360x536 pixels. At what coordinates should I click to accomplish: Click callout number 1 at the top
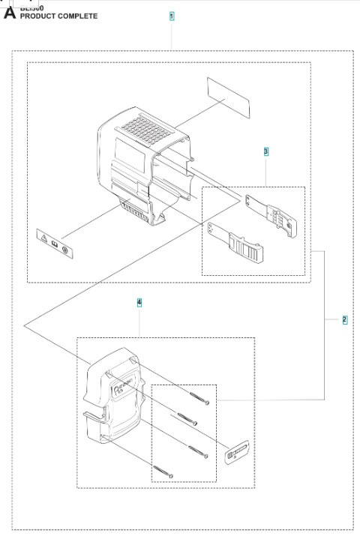coord(172,16)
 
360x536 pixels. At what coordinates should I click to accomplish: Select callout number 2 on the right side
coord(344,320)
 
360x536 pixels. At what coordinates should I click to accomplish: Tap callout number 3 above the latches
coord(265,151)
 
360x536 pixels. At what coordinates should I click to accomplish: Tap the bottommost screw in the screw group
coord(163,472)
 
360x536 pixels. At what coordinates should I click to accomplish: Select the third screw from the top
coord(196,451)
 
